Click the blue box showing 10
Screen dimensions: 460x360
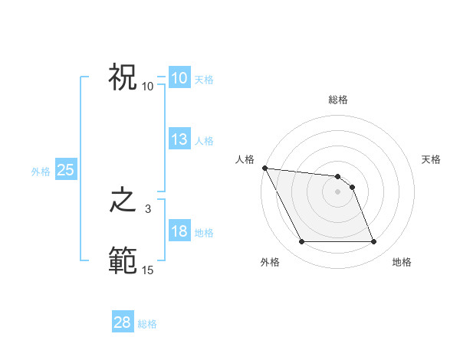(179, 78)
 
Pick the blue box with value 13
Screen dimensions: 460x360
(179, 139)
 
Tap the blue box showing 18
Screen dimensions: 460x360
(179, 231)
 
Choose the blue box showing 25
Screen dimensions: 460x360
(66, 170)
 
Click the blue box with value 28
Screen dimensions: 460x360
(123, 322)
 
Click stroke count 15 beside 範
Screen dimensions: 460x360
(148, 270)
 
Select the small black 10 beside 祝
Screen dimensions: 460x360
(148, 86)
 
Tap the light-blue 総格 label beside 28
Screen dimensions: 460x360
(147, 324)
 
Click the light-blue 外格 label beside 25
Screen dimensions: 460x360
(41, 172)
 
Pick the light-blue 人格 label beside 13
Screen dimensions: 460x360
(204, 141)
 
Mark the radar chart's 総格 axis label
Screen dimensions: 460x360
(338, 100)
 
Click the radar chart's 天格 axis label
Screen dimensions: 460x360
(432, 159)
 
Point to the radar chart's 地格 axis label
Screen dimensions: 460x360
(402, 262)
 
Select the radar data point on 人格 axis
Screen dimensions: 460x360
(264, 168)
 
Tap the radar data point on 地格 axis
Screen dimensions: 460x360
(373, 242)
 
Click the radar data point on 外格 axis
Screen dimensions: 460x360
(301, 242)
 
